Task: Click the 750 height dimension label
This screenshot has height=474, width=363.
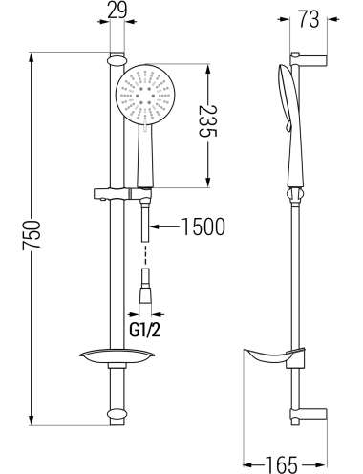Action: (32, 235)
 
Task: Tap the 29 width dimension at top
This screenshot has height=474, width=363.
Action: (117, 11)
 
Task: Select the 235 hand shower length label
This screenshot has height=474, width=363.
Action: (207, 121)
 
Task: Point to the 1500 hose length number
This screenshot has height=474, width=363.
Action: (203, 226)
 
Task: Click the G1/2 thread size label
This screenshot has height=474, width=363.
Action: (145, 331)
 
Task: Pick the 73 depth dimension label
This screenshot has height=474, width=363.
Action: (309, 19)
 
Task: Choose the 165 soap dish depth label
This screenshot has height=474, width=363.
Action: (282, 464)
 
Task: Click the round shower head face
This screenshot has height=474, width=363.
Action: (145, 95)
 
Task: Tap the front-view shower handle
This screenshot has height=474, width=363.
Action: (145, 156)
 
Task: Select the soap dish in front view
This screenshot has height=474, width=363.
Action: (117, 356)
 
